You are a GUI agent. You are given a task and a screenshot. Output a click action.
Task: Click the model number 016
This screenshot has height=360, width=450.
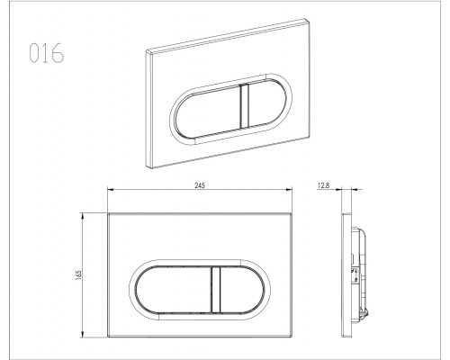pyautogui.click(x=47, y=53)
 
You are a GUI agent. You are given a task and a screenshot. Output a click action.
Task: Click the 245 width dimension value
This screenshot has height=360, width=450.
pyautogui.click(x=200, y=185)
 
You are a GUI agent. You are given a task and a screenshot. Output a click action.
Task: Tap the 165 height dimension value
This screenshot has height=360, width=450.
pyautogui.click(x=79, y=275)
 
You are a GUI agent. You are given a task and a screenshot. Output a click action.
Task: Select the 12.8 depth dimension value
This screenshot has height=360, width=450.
pyautogui.click(x=323, y=185)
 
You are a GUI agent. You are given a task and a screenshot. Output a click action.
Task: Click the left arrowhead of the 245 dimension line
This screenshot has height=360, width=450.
pyautogui.click(x=110, y=189)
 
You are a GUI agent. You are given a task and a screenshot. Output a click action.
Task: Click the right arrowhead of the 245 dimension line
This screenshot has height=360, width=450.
pyautogui.click(x=290, y=189)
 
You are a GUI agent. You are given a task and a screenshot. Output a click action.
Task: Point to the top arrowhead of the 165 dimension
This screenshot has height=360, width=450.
pyautogui.click(x=82, y=215)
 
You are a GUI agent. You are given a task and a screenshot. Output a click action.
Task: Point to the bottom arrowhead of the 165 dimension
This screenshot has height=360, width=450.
pyautogui.click(x=82, y=335)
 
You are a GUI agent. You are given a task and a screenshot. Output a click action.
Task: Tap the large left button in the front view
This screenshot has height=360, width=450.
pyautogui.click(x=174, y=290)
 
